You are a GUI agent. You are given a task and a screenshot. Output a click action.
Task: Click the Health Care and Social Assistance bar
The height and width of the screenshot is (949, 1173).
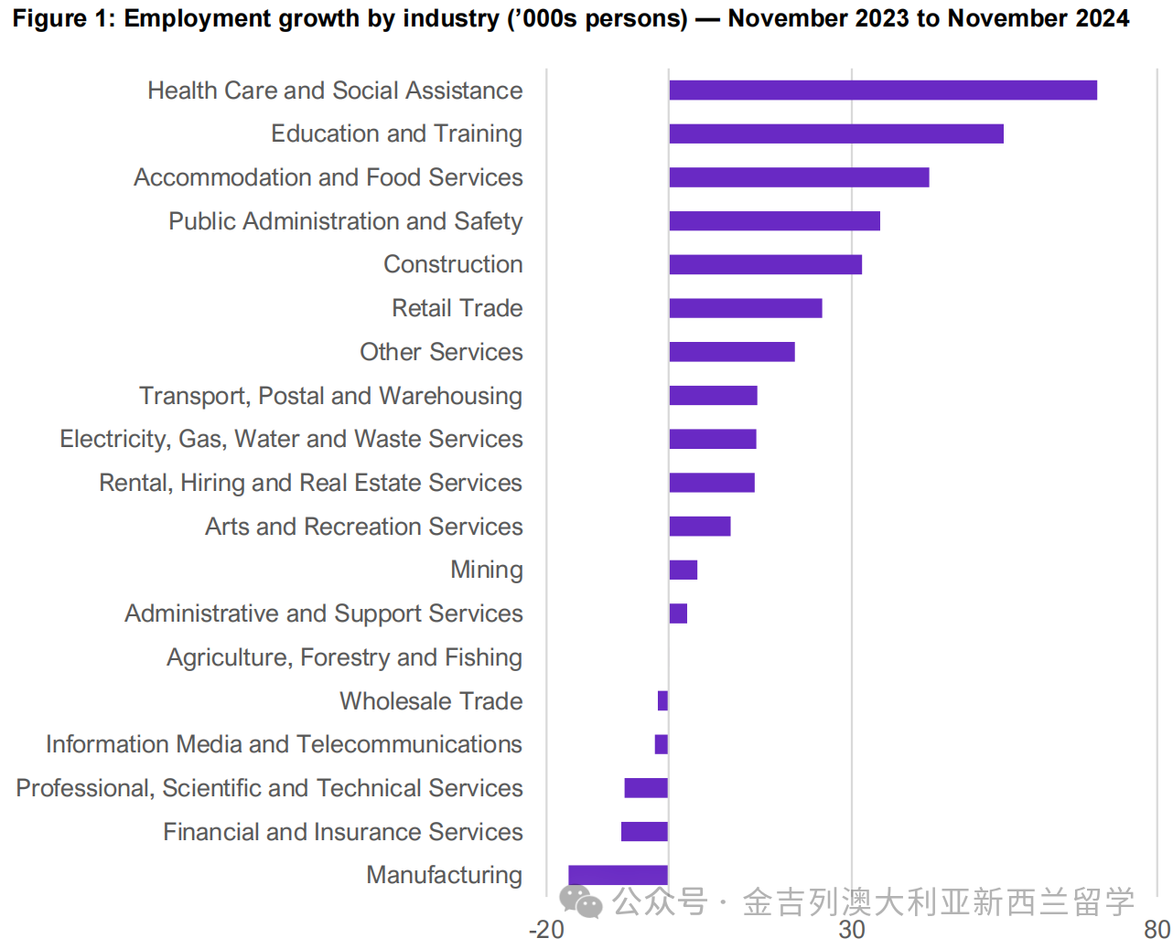coord(882,90)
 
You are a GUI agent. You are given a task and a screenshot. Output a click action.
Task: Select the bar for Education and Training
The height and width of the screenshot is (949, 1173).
coord(835,133)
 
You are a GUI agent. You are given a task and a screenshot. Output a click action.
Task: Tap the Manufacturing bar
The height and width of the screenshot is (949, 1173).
coord(618,875)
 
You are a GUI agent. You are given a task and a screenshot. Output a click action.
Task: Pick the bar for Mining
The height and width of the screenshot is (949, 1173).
coord(683,570)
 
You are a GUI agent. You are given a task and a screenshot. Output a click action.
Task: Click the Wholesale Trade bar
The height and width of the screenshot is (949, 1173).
coord(662,701)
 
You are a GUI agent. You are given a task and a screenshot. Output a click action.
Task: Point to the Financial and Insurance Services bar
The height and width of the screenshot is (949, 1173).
coord(644,832)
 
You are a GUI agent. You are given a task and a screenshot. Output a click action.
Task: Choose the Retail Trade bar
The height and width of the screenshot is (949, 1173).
coord(745,308)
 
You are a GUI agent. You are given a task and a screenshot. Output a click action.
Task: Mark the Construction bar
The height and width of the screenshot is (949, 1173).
coord(765,264)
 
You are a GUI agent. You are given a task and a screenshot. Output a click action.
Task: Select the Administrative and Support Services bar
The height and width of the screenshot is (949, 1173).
coord(677,613)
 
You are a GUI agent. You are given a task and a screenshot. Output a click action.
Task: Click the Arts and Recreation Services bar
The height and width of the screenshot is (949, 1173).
coord(699,527)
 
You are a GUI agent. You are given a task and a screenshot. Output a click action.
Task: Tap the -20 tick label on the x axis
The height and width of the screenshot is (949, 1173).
coord(546,930)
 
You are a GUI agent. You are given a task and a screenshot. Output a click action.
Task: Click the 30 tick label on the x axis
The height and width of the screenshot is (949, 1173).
coord(852,930)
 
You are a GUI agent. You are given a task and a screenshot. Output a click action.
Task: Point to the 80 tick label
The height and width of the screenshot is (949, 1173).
coord(1157,930)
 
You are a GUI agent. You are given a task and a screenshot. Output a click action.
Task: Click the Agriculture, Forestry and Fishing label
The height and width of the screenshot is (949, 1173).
coord(344,657)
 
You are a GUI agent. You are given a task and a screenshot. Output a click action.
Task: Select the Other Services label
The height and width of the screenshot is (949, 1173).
coord(441,352)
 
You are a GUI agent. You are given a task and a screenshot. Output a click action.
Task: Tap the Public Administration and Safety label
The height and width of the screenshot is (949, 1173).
coord(345,221)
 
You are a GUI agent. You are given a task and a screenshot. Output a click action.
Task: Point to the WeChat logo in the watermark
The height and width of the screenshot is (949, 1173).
coord(581,902)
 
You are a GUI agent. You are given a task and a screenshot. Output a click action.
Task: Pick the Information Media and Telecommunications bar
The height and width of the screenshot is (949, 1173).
coord(661,744)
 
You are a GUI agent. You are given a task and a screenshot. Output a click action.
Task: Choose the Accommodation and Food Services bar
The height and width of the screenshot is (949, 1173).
coord(799,177)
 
